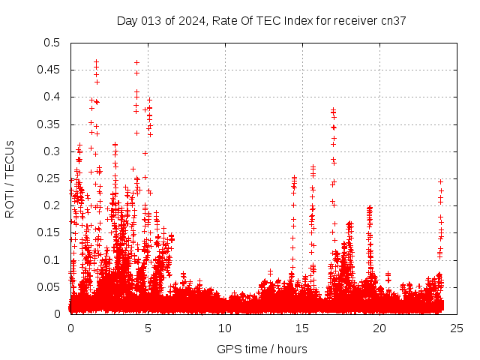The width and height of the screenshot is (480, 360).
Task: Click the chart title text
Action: click(261, 20)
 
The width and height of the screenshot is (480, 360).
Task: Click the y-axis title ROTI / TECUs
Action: click(10, 178)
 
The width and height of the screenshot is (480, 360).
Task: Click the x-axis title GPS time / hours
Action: click(262, 349)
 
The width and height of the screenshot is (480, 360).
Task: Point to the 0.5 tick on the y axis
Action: click(51, 43)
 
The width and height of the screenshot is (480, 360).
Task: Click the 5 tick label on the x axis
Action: click(148, 328)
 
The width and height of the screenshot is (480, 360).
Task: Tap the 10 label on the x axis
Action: click(225, 328)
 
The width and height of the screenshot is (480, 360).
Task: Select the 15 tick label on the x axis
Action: click(302, 328)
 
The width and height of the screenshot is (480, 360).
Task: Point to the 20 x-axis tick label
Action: click(379, 328)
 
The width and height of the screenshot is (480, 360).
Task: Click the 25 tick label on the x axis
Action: click(457, 328)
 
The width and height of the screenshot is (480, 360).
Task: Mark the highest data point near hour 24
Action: click(441, 181)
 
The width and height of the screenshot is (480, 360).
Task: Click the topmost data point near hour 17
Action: click(333, 110)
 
